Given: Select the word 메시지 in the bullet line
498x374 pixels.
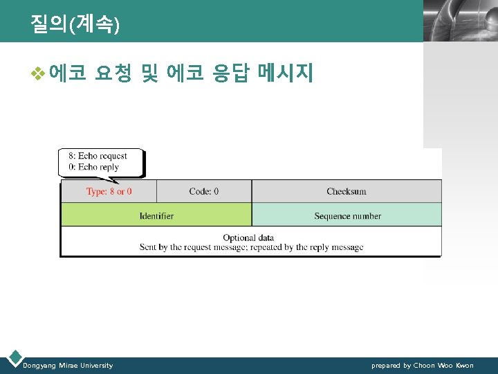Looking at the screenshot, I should coord(285,73).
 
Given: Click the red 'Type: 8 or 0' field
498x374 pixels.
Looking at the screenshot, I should coord(109,191).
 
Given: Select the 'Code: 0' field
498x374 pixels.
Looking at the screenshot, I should coord(203,191).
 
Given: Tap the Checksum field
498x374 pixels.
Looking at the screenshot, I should coord(346,191).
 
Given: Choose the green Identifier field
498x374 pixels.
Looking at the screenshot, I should coord(156,215).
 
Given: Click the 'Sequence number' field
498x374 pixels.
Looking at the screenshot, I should coord(347,215).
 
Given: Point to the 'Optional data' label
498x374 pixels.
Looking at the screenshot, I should coord(248,238).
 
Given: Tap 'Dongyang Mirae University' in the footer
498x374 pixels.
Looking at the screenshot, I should coord(68,365).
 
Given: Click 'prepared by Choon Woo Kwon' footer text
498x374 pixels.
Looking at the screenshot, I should coord(422,365).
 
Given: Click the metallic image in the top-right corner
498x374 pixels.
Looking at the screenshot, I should coord(460,21).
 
